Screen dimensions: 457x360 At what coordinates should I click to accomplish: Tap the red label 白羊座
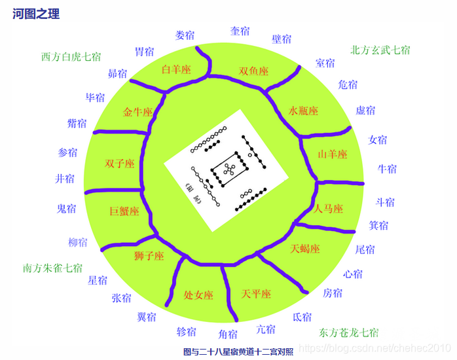pos(175,69)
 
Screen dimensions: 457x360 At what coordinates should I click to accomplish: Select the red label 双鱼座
pos(253,71)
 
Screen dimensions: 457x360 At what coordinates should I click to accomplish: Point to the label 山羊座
pos(332,154)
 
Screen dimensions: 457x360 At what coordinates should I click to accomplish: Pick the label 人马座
pos(329,209)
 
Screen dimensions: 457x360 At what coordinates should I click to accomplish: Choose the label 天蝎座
pos(305,249)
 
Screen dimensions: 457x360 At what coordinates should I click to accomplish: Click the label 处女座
pos(198,295)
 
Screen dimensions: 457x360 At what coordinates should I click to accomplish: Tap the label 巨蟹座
pos(124,211)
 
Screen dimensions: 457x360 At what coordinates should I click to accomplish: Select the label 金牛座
pos(137,112)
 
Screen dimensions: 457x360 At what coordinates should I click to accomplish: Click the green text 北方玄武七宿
pos(380,50)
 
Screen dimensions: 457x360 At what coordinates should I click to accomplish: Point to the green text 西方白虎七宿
pos(71,56)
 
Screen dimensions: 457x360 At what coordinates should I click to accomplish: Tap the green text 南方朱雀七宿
pos(52,268)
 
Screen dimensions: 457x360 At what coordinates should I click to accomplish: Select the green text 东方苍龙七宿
pos(348,332)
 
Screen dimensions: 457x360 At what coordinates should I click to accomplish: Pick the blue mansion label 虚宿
pos(365,110)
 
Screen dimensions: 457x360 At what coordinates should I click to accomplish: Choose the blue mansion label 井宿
pos(65,178)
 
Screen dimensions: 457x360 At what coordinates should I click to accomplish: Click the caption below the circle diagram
pos(238,351)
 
